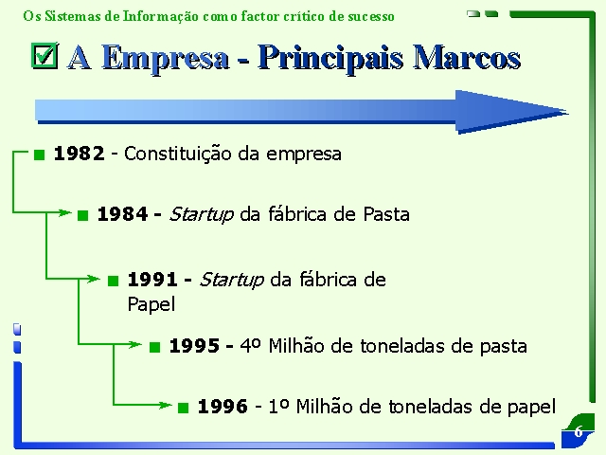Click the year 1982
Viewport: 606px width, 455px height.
click(80, 154)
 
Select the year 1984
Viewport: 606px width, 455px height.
click(122, 214)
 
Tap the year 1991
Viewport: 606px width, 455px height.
click(152, 280)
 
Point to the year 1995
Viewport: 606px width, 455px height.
click(194, 345)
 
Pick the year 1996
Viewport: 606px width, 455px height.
click(223, 407)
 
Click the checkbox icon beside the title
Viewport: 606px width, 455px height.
click(45, 56)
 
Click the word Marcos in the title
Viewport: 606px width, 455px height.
click(467, 58)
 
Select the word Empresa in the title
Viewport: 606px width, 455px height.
click(166, 59)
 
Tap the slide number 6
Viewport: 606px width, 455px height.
click(579, 431)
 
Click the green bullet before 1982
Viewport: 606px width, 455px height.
click(40, 155)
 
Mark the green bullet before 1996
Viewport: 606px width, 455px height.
click(183, 408)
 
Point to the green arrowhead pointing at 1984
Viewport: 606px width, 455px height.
click(65, 212)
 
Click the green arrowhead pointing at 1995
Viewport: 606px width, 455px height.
click(135, 344)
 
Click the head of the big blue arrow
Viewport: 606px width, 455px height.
click(510, 112)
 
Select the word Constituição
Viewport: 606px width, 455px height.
click(178, 154)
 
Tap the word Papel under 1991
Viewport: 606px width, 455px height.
click(151, 304)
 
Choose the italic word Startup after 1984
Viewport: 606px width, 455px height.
click(202, 214)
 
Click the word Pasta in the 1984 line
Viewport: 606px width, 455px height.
click(386, 214)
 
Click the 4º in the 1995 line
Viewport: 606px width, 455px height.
click(250, 345)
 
